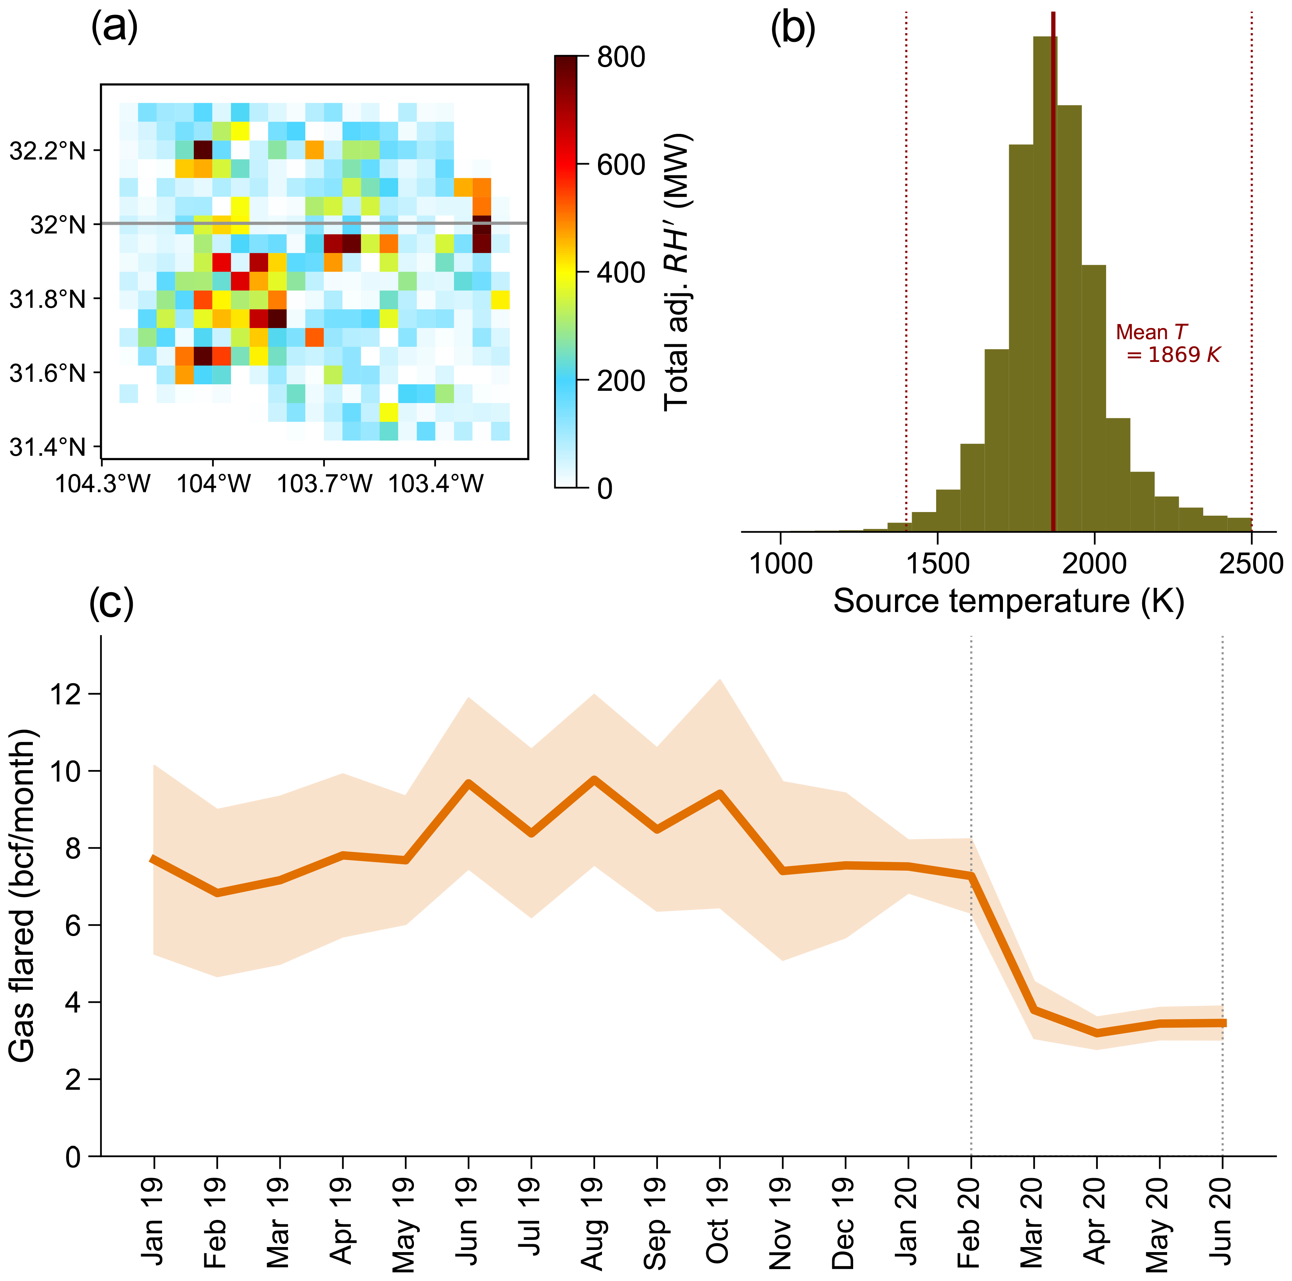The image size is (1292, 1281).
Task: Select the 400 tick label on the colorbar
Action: coord(621,273)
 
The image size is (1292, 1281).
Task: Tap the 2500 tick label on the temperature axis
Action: coord(1250,564)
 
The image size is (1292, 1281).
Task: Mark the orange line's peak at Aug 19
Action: coord(593,779)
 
